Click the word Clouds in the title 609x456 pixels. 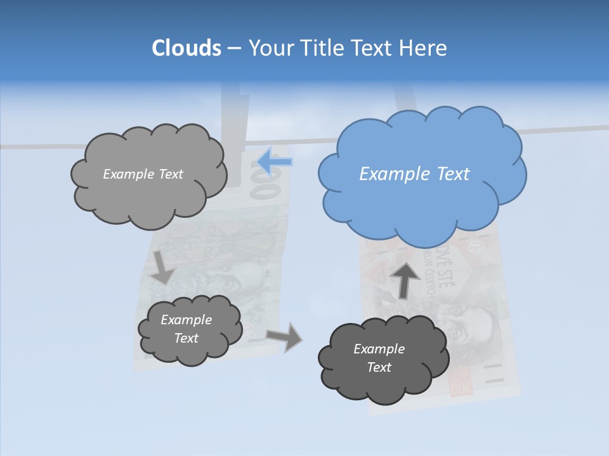pos(187,48)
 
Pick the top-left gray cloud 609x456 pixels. pos(149,196)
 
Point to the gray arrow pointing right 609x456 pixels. pos(284,337)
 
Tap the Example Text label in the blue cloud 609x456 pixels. pos(414,174)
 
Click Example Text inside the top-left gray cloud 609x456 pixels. pos(143,174)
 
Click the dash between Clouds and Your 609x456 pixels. pos(234,48)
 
